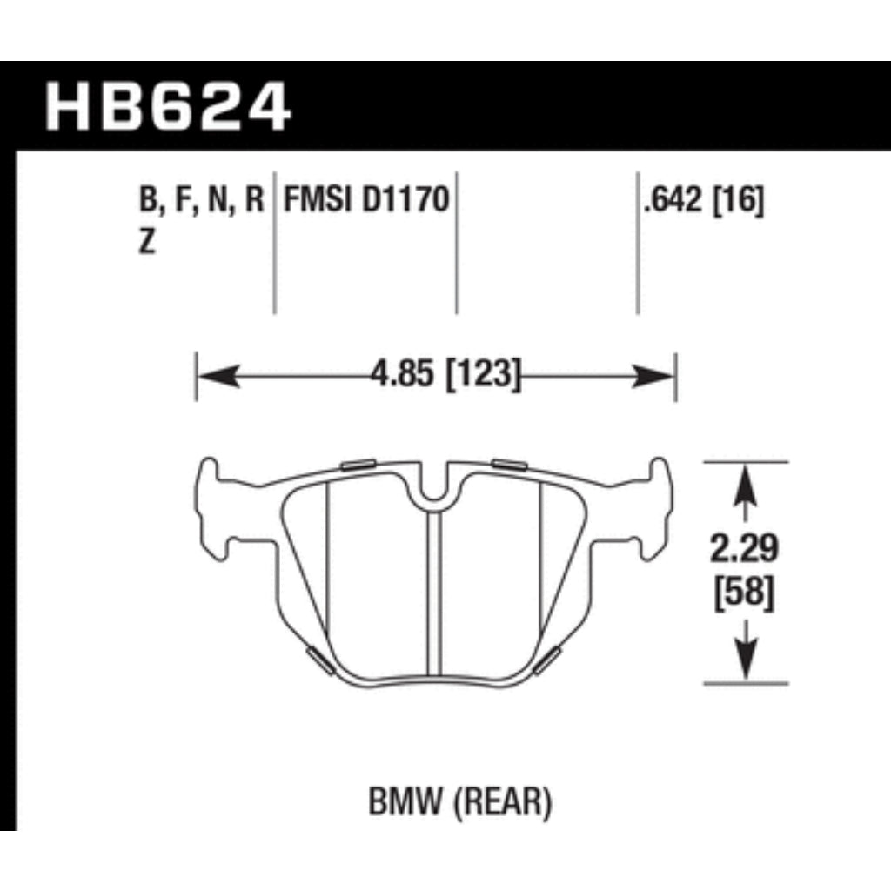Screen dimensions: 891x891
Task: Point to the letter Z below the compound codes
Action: coord(147,244)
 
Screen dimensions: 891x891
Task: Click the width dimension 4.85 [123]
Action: coord(445,377)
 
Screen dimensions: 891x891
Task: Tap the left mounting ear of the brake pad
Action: coord(213,505)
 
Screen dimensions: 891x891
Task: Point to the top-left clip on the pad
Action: coord(358,464)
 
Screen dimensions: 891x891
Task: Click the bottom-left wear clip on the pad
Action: coord(318,660)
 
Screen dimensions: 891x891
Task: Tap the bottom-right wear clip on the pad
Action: coord(549,660)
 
